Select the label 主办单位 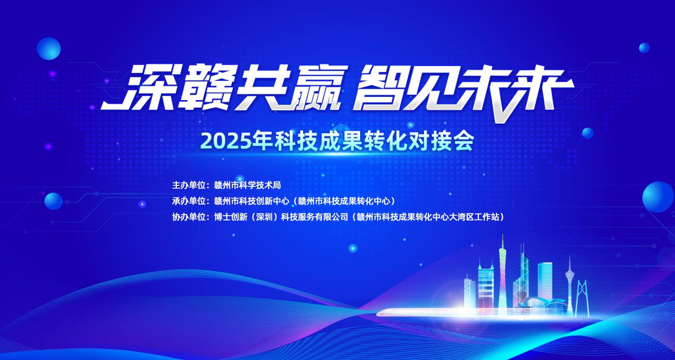point(189,185)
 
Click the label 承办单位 point(189,201)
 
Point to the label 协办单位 point(189,217)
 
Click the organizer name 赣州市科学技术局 point(247,185)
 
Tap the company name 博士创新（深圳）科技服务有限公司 point(281,217)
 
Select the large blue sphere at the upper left point(48,48)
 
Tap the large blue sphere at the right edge point(658,197)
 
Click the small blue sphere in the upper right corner point(644,47)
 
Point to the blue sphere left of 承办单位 point(54,201)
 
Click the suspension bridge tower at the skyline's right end point(582,298)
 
